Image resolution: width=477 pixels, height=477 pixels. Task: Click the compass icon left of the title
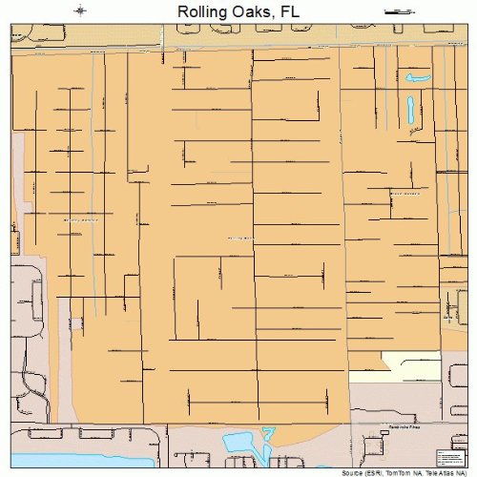point(80,10)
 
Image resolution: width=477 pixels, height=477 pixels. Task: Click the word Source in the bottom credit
point(332,472)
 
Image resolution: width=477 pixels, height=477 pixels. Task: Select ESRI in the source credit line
point(356,472)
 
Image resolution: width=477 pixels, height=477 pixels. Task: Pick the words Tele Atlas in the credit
point(423,472)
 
